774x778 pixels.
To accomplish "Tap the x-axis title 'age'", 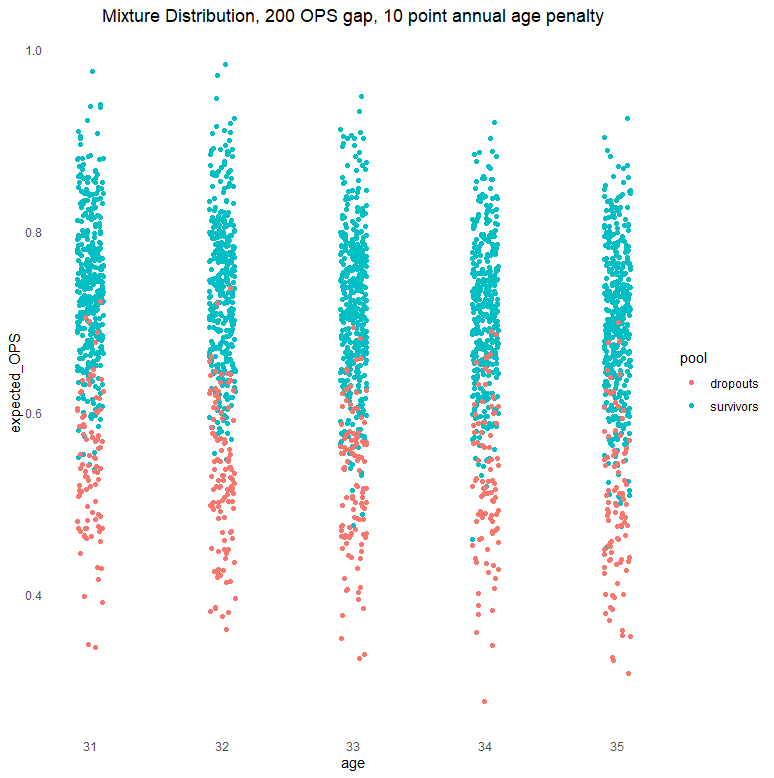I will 353,764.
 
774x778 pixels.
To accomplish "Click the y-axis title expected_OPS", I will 15,384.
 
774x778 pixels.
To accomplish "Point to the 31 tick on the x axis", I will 91,747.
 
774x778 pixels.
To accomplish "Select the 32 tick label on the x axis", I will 222,747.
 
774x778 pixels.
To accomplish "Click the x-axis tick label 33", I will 353,747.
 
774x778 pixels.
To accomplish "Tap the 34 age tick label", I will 485,747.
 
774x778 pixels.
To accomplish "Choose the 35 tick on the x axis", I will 616,747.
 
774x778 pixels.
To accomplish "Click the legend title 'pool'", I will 694,358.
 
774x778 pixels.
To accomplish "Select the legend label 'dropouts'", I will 734,383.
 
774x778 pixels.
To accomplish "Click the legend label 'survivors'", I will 734,407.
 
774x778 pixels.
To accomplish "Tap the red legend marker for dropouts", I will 691,383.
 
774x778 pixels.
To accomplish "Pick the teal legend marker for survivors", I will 691,407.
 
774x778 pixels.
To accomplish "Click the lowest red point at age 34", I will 485,701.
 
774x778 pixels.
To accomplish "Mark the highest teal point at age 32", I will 226,64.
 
